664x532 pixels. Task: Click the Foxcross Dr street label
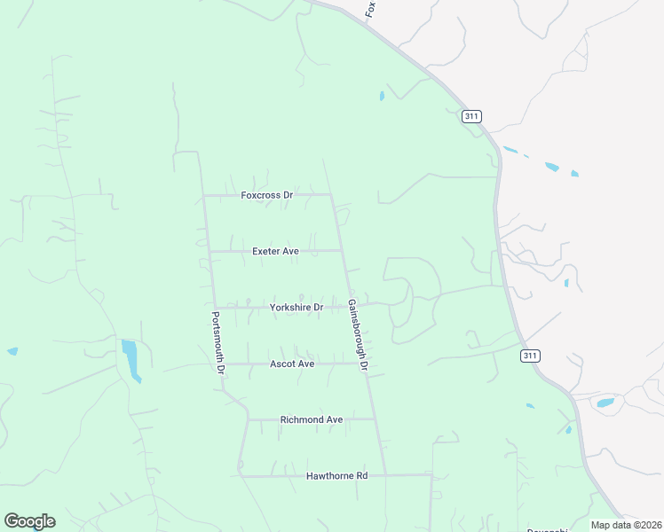coord(266,195)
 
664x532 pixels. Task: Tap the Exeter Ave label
coord(275,251)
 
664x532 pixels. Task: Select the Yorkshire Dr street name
coord(296,307)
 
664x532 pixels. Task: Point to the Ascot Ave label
coord(292,364)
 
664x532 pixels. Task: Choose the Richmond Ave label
coord(311,419)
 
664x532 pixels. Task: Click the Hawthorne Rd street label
coord(336,476)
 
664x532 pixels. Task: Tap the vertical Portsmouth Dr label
coord(217,342)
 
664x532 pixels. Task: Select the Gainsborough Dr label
coord(357,334)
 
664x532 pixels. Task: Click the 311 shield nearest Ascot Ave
coord(530,355)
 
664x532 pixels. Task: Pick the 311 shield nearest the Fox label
coord(471,116)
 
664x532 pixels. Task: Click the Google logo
coord(29,521)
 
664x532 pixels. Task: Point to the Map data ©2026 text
coord(625,525)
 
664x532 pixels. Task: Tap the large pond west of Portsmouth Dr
coord(130,358)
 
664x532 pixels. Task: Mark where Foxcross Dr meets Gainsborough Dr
coord(331,195)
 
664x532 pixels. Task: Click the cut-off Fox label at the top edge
coord(372,8)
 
